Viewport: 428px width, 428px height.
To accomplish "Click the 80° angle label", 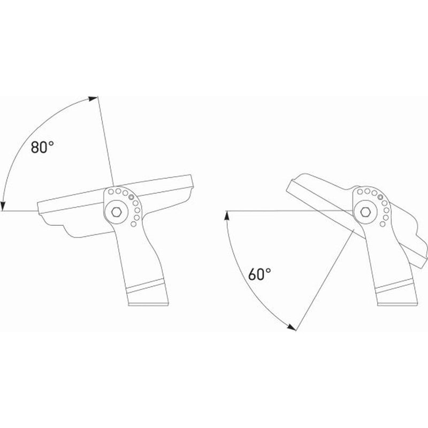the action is [42, 147].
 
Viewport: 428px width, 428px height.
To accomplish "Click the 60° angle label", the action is [259, 274].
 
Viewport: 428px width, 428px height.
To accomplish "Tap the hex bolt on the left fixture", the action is [117, 212].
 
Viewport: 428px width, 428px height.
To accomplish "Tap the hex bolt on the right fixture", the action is [365, 211].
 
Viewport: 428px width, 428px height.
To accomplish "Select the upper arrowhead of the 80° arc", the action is [93, 98].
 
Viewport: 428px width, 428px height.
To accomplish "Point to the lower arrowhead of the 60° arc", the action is [292, 327].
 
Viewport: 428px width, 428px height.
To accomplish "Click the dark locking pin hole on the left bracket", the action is [131, 197].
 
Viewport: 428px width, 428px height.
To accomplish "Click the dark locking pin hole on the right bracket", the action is [380, 196].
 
